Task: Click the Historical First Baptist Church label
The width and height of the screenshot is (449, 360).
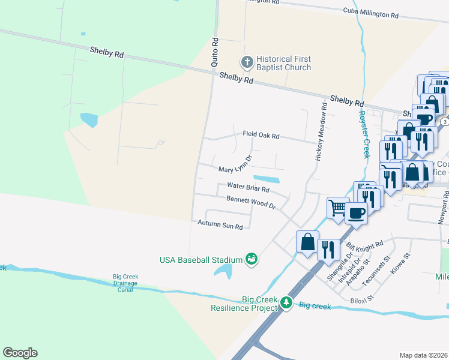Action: tap(283, 63)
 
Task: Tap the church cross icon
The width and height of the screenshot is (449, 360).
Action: tap(246, 61)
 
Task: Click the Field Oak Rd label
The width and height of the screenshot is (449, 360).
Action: tap(261, 136)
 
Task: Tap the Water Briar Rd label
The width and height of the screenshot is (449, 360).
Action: tap(248, 188)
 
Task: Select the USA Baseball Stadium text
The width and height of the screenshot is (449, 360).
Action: tap(200, 260)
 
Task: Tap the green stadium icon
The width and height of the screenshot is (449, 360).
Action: tap(252, 259)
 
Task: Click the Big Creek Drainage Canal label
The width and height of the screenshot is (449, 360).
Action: tap(125, 283)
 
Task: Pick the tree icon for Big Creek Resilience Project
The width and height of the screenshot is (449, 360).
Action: tap(286, 303)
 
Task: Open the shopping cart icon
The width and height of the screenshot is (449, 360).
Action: tap(337, 208)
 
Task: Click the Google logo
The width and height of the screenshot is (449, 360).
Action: tap(20, 352)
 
